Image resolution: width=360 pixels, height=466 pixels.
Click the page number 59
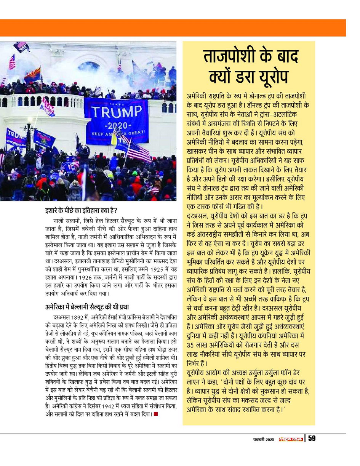pos(311,438)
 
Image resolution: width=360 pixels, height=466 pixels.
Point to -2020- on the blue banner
pos(115,125)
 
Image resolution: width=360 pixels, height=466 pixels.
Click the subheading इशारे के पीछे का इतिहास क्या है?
pos(80,210)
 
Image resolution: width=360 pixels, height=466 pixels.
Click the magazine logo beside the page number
pos(290,439)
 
